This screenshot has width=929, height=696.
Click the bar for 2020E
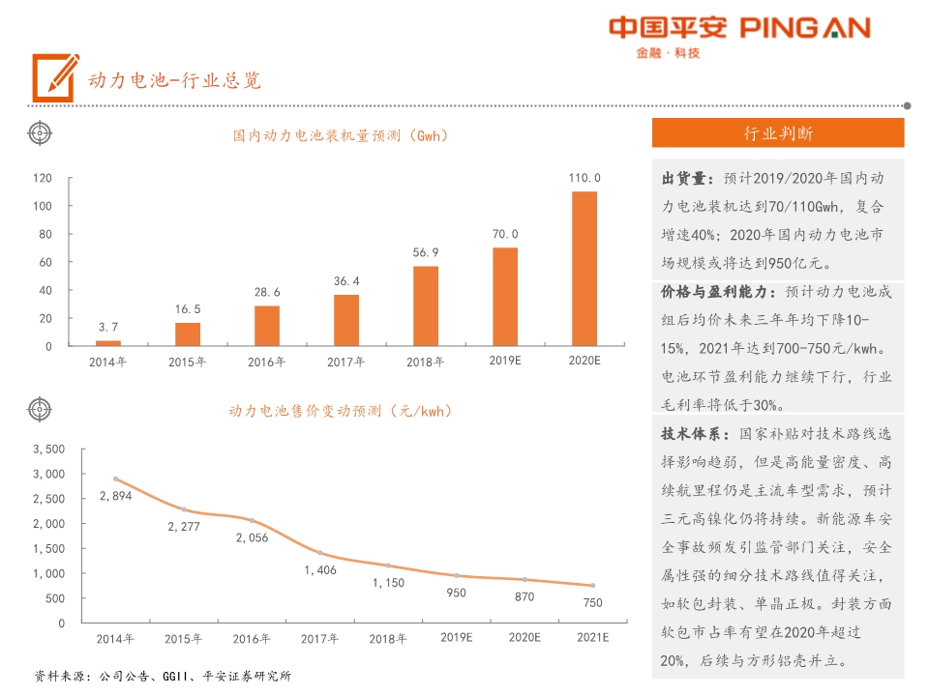[584, 269]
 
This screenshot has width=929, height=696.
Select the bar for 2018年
[426, 305]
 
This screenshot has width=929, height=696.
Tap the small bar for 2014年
[108, 342]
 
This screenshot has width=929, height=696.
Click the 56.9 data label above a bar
[426, 252]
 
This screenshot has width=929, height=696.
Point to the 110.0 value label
[584, 178]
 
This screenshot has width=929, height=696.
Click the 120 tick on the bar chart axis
[43, 178]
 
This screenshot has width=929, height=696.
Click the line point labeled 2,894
[115, 478]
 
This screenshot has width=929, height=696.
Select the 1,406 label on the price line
[319, 570]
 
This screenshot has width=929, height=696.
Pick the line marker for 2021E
[592, 585]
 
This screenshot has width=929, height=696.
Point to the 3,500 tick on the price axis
[48, 449]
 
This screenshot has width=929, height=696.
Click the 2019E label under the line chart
[457, 639]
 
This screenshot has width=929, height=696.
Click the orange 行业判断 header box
[778, 132]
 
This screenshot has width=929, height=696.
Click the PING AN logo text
[805, 28]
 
